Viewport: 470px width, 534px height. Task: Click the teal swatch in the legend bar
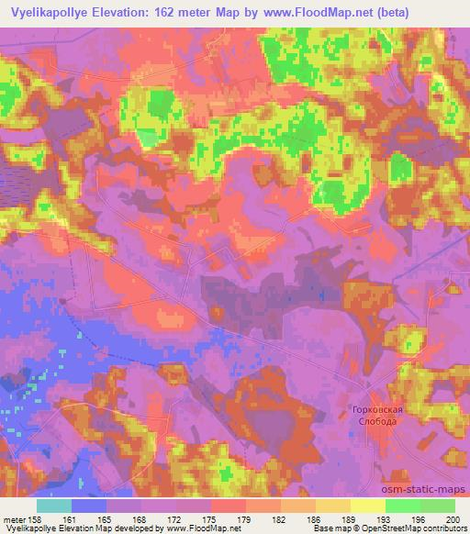click(x=54, y=506)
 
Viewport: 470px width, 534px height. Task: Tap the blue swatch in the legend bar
click(x=89, y=506)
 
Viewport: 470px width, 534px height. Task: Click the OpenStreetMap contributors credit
click(x=413, y=528)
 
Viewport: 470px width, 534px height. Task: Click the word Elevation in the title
click(x=122, y=11)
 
